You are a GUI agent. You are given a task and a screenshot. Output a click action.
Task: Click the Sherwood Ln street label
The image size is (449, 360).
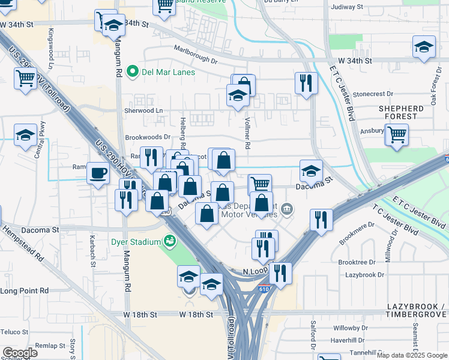[143, 110]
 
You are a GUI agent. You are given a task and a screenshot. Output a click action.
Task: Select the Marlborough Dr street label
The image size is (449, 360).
[196, 55]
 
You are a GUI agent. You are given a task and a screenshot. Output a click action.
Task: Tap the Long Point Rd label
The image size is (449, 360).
[17, 291]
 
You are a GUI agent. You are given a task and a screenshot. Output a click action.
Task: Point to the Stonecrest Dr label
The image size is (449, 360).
[373, 94]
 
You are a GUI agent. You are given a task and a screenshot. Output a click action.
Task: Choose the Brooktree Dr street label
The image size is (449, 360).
[357, 262]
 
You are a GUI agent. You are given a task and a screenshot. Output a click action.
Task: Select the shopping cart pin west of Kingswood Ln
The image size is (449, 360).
[25, 77]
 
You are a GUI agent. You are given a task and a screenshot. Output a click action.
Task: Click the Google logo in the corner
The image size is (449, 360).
[20, 353]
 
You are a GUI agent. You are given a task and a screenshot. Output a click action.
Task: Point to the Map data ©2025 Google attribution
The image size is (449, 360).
[411, 355]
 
